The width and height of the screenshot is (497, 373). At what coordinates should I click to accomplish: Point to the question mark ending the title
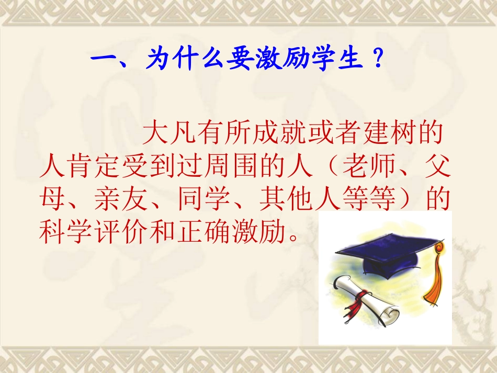(x=378, y=60)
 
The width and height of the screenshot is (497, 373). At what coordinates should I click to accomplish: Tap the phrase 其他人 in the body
(x=301, y=200)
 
